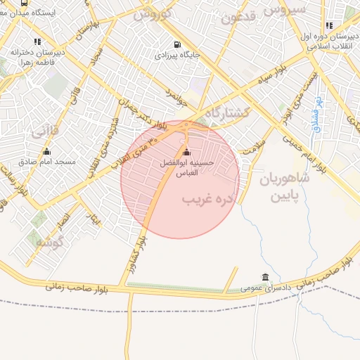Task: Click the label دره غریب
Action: [x=207, y=200]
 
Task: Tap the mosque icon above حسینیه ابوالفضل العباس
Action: [x=186, y=153]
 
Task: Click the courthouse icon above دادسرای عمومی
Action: [x=264, y=278]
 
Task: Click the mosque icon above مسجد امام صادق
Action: [x=46, y=151]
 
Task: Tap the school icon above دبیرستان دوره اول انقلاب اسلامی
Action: [x=329, y=25]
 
